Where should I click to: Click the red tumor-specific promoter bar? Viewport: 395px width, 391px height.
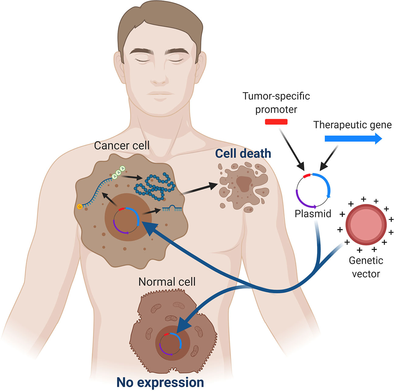coord(276,122)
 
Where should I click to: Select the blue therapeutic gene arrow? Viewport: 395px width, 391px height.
coord(353,139)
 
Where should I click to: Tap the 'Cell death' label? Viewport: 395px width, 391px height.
coord(243,154)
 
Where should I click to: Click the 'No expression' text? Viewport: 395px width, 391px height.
coord(160,382)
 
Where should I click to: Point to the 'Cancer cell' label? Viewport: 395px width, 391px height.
coord(122,145)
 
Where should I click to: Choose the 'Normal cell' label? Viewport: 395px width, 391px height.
coord(167,282)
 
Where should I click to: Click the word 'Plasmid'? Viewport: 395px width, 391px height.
coord(313,213)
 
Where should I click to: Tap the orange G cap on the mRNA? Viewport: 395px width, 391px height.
coord(80,207)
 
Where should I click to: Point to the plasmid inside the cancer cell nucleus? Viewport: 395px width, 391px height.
coord(126,221)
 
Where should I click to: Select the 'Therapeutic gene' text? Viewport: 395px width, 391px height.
coord(352,125)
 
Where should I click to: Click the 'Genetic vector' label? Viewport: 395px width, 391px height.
coord(366,267)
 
